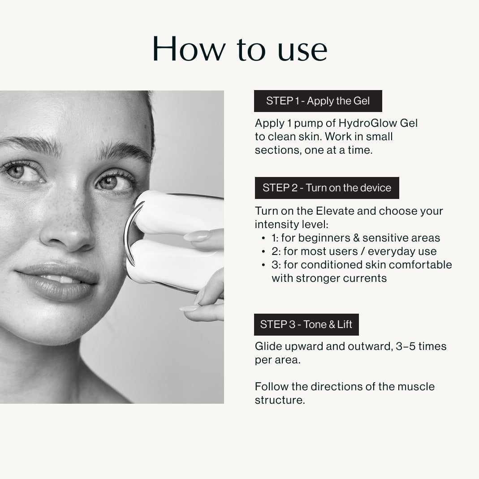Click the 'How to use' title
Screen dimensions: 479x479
pyautogui.click(x=240, y=49)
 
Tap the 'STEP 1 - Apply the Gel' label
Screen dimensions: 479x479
pyautogui.click(x=318, y=101)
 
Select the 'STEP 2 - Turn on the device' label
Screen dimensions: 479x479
pyautogui.click(x=327, y=188)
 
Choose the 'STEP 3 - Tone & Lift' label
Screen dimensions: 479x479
pyautogui.click(x=306, y=324)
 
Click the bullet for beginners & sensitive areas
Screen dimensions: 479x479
pyautogui.click(x=263, y=238)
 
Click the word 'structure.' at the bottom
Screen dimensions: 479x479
pyautogui.click(x=280, y=400)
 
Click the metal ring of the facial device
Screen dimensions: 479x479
pyautogui.click(x=128, y=232)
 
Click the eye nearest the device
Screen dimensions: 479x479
pyautogui.click(x=114, y=183)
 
